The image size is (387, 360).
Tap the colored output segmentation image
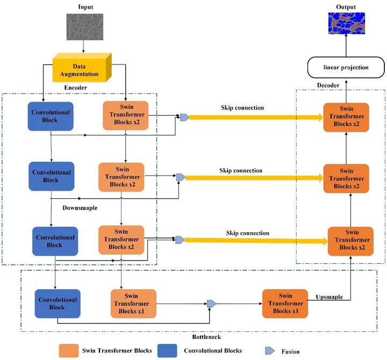tap(346, 27)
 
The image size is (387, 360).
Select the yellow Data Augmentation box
tap(82, 70)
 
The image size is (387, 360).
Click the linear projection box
tap(346, 67)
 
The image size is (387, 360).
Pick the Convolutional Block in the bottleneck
tap(57, 304)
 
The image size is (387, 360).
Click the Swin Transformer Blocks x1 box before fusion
tap(133, 304)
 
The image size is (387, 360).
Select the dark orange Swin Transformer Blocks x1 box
tap(285, 304)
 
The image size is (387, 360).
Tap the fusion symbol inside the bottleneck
tap(211, 304)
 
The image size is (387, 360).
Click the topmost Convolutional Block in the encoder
tap(51, 116)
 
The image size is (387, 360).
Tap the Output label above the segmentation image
tap(346, 6)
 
